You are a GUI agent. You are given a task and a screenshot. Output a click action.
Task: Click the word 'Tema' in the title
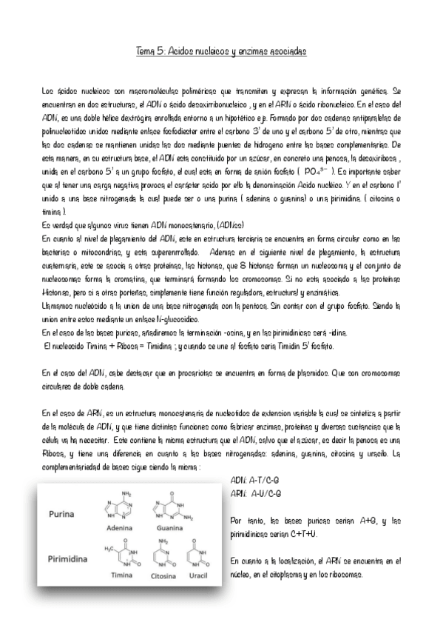[x=146, y=51]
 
